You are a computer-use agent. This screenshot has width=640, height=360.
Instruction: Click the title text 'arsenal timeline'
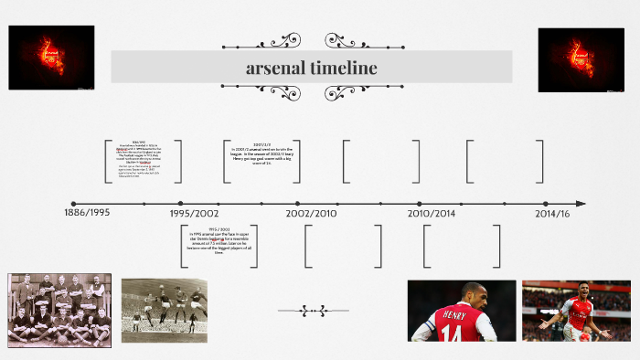click(x=311, y=69)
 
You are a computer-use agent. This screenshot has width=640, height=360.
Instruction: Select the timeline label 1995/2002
click(x=194, y=213)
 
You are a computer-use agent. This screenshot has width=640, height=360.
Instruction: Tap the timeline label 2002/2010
click(x=311, y=213)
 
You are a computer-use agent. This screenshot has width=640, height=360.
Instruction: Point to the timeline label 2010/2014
click(x=431, y=213)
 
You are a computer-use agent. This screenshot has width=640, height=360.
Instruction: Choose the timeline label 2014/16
click(x=551, y=213)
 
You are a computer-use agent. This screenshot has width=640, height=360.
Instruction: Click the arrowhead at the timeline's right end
click(x=581, y=204)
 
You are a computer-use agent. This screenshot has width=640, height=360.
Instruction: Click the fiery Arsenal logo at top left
click(x=51, y=58)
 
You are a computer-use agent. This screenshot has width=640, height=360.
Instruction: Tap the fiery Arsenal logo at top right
click(x=581, y=59)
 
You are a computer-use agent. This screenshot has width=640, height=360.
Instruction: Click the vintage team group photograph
click(x=59, y=310)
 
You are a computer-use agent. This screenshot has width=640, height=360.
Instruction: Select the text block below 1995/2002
click(x=219, y=241)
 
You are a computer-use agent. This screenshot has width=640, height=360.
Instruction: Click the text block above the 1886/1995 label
click(x=144, y=159)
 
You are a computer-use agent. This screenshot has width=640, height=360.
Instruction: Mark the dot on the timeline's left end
click(x=73, y=204)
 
